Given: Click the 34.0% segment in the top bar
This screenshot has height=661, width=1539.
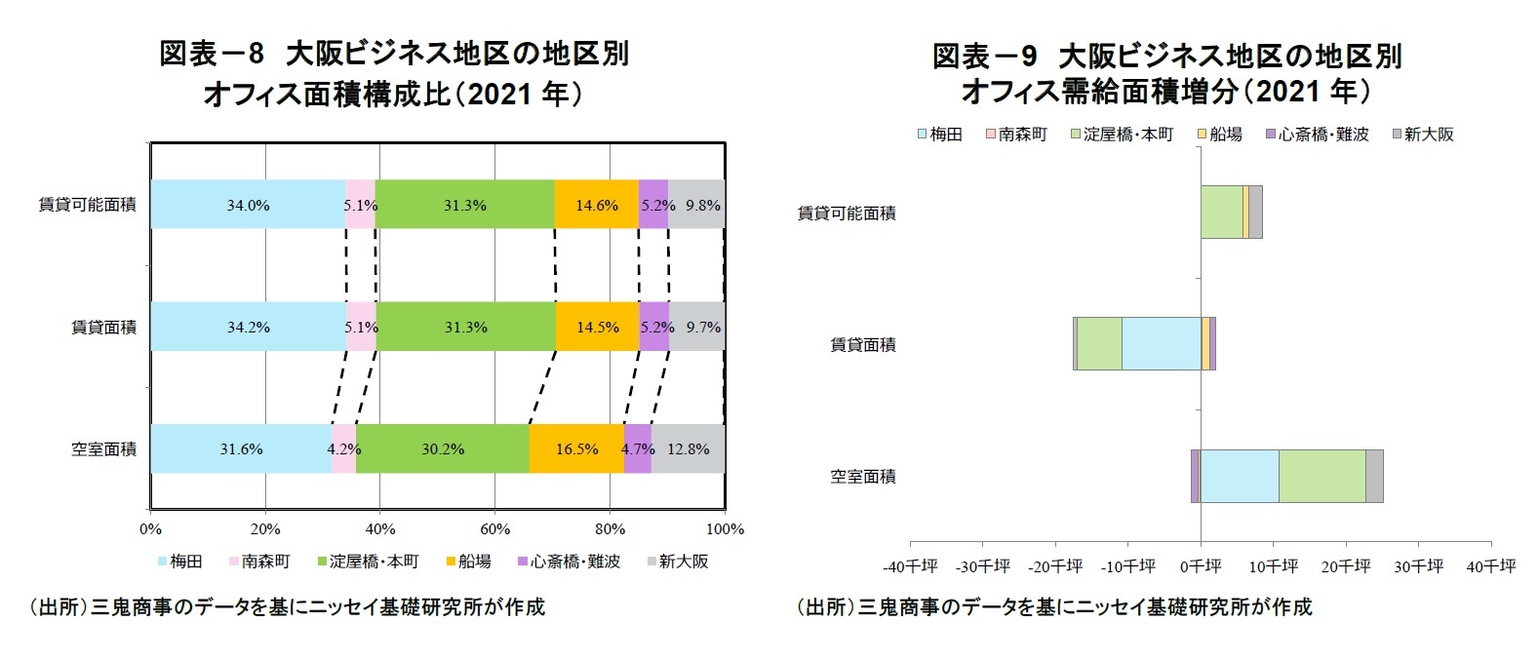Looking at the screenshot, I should point(248,205).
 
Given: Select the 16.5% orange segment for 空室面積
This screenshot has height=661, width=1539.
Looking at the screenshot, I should point(576,448).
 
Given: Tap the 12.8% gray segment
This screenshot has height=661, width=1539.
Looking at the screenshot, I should point(688,448).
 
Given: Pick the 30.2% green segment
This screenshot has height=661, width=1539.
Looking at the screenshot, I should point(442,448).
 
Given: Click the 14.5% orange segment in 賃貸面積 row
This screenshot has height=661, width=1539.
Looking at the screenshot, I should point(597,327).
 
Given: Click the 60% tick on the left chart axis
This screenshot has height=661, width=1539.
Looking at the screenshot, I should point(494,529).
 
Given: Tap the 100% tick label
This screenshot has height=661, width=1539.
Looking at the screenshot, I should point(724,529).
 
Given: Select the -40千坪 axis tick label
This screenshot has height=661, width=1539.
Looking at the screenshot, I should point(910,566).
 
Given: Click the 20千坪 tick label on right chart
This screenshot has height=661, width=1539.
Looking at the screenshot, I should point(1346,566).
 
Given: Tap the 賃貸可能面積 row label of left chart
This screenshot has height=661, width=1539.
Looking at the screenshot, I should point(87,205).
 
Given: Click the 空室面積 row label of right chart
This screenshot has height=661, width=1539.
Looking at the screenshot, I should point(862,476).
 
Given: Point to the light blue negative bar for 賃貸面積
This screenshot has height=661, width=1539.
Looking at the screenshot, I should point(1161,343).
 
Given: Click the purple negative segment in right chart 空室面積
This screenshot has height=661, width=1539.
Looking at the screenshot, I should point(1195,476).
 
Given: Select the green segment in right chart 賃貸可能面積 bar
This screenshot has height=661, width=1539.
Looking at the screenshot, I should point(1221,212).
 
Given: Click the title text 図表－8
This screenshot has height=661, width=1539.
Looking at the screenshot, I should point(212,54).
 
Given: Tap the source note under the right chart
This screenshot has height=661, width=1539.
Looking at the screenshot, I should point(1053,606).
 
